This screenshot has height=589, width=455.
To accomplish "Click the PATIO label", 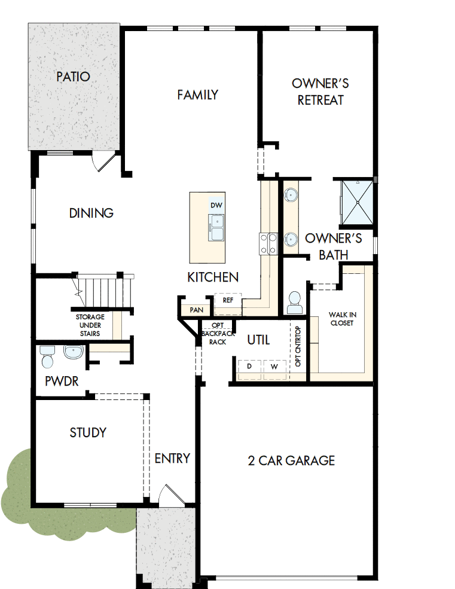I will (x=73, y=77).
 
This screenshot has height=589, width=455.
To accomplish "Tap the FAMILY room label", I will (x=197, y=94).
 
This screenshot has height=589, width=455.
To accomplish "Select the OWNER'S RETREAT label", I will (x=320, y=91).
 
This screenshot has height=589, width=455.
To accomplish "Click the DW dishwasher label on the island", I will (x=216, y=206).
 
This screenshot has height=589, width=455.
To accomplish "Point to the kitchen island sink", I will (x=216, y=228).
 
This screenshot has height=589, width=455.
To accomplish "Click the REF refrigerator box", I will (x=228, y=301).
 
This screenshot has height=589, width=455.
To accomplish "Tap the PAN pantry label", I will (x=196, y=310).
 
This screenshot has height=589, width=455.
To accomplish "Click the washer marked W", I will (x=275, y=366).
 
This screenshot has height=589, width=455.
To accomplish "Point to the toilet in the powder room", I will (x=47, y=357).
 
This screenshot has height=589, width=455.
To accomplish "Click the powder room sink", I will (x=73, y=353).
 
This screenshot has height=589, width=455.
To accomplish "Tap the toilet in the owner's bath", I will (x=294, y=302).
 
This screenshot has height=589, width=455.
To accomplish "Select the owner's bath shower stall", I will (x=356, y=200).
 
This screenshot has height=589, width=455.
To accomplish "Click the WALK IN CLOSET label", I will (x=341, y=319).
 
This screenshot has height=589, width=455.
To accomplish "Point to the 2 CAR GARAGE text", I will (x=291, y=460).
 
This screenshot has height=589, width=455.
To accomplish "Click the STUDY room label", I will (x=88, y=432).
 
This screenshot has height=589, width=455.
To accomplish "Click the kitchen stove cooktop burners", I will (x=267, y=243).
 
